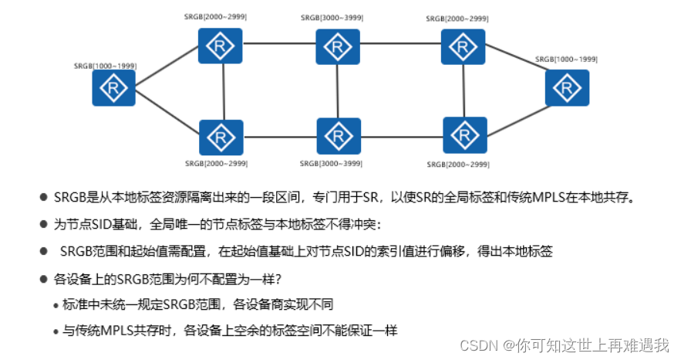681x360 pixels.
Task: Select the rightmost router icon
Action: click(x=567, y=87)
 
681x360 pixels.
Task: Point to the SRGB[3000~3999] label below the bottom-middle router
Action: click(x=332, y=165)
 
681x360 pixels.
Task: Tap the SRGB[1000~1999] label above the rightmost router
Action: click(x=567, y=59)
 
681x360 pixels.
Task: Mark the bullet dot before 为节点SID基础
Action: click(x=44, y=224)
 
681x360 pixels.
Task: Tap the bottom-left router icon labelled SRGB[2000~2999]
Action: click(x=221, y=137)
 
